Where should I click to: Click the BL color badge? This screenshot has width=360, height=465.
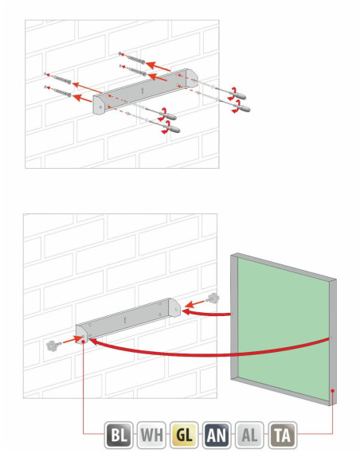pyautogui.click(x=119, y=435)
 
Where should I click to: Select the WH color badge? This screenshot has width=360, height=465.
pyautogui.click(x=151, y=435)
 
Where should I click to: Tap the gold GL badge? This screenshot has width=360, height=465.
pyautogui.click(x=184, y=435)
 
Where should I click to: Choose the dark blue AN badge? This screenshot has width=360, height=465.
pyautogui.click(x=217, y=435)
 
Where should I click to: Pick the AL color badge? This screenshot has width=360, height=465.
pyautogui.click(x=249, y=435)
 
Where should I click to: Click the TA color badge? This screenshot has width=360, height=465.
pyautogui.click(x=283, y=435)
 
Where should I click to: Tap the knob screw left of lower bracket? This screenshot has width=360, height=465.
pyautogui.click(x=53, y=346)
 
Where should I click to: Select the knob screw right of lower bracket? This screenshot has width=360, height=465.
pyautogui.click(x=213, y=299)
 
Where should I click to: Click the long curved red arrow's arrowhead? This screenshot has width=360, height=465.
pyautogui.click(x=93, y=342)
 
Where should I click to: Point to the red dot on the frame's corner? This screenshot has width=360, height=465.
pyautogui.click(x=333, y=391)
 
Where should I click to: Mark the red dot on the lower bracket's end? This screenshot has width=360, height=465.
pyautogui.click(x=84, y=342)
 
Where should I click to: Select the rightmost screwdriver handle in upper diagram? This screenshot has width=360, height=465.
pyautogui.click(x=243, y=108)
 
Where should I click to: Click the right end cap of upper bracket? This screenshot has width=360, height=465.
pyautogui.click(x=192, y=78)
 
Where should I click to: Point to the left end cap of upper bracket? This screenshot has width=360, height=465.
pyautogui.click(x=99, y=104)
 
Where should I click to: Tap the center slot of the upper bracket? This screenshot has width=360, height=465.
pyautogui.click(x=143, y=90)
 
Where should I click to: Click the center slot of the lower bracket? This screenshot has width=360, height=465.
pyautogui.click(x=125, y=320)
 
